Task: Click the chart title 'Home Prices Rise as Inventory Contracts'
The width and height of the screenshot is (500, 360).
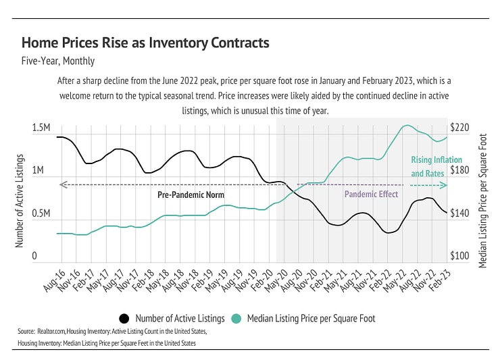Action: point(145,43)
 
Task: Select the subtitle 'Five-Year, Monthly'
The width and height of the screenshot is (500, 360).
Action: point(58,61)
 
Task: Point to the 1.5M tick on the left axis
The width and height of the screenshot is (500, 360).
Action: point(41,128)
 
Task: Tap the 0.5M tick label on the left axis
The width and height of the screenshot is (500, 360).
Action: point(41,213)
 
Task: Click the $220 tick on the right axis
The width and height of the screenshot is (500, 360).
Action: point(459,128)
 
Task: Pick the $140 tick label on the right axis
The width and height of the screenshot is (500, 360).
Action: point(459,213)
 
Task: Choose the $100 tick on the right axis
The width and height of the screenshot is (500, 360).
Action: point(459,257)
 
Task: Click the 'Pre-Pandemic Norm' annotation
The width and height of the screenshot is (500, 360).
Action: point(191,195)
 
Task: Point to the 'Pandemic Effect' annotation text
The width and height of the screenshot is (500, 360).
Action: point(371,195)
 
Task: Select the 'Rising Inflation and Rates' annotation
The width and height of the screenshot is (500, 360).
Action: point(427,167)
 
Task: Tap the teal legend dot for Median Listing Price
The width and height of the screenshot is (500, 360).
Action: point(236,318)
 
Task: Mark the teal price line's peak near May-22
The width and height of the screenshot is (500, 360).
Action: point(407,125)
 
